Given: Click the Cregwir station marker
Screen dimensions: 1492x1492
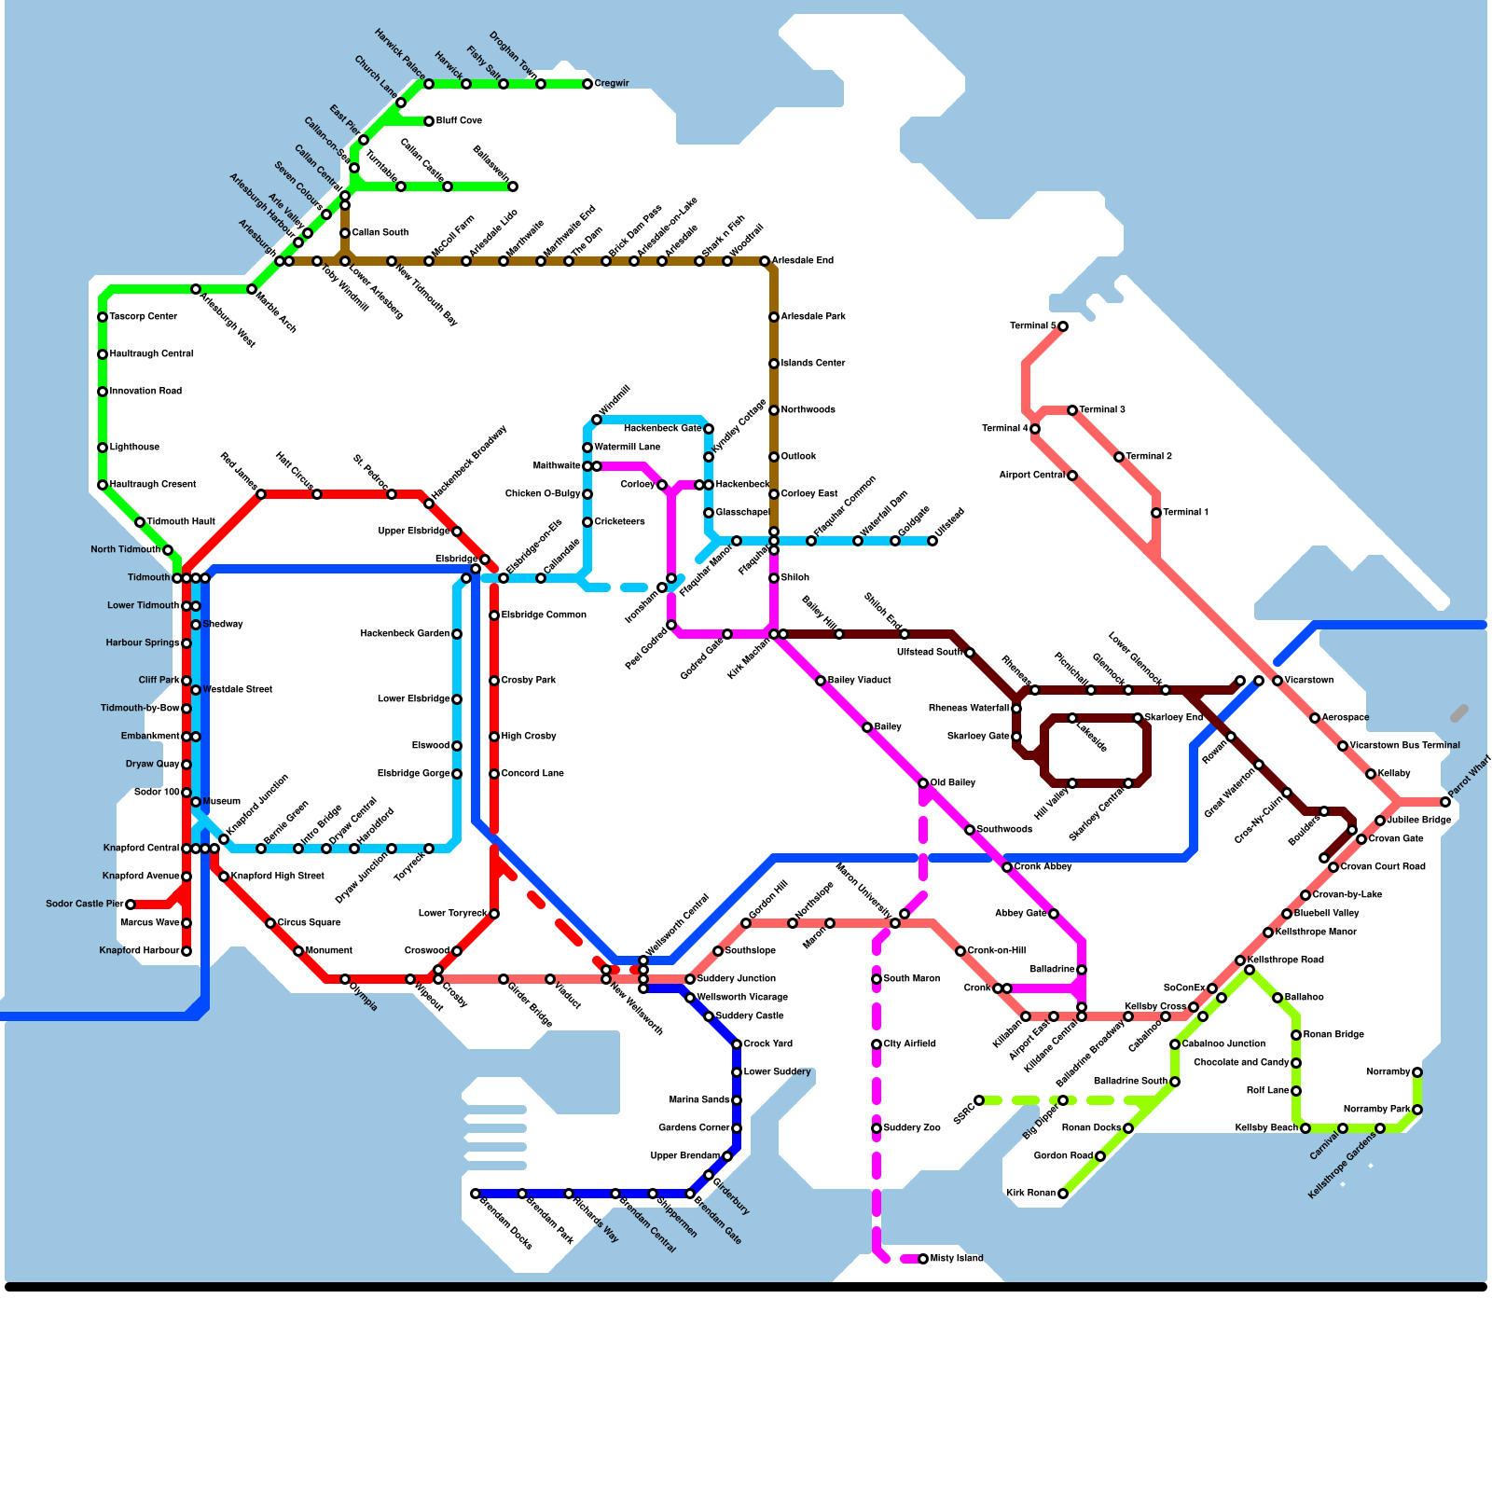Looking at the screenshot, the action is click(587, 84).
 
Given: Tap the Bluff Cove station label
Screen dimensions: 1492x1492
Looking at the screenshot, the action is click(459, 121).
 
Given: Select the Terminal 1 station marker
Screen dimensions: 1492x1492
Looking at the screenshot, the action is click(1156, 513).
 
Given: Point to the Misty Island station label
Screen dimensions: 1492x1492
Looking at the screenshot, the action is click(957, 1259).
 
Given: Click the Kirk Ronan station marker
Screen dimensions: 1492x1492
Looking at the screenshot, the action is click(1063, 1194).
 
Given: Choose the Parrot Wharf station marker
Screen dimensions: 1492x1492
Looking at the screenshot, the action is click(1445, 802).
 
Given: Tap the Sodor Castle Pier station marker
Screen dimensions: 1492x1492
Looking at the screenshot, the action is click(131, 905).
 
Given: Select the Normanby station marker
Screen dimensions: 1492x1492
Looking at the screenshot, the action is click(1417, 1072).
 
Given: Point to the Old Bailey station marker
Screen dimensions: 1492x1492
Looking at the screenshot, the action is click(923, 783).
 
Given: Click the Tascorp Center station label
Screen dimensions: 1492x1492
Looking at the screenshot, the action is click(143, 317).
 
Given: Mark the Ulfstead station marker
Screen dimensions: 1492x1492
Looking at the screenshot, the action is click(932, 541).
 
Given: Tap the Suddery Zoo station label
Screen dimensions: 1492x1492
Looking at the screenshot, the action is click(912, 1128).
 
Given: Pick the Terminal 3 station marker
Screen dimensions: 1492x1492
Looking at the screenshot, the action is click(1072, 410).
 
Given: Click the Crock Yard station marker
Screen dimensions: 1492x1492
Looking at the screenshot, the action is click(737, 1044).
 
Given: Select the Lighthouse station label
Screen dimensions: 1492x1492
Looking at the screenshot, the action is click(134, 448).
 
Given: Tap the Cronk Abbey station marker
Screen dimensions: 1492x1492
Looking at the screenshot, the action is click(1007, 867).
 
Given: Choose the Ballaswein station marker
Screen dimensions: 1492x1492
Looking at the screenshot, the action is click(513, 186).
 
